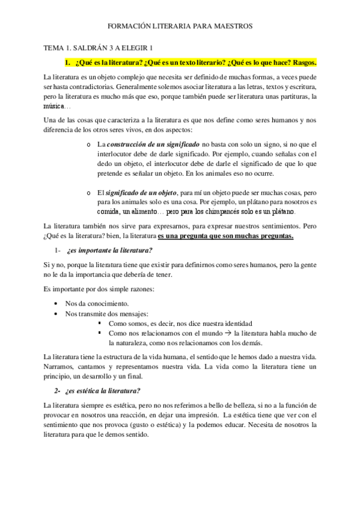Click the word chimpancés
218,212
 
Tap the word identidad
228,323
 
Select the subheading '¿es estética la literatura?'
106,392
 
